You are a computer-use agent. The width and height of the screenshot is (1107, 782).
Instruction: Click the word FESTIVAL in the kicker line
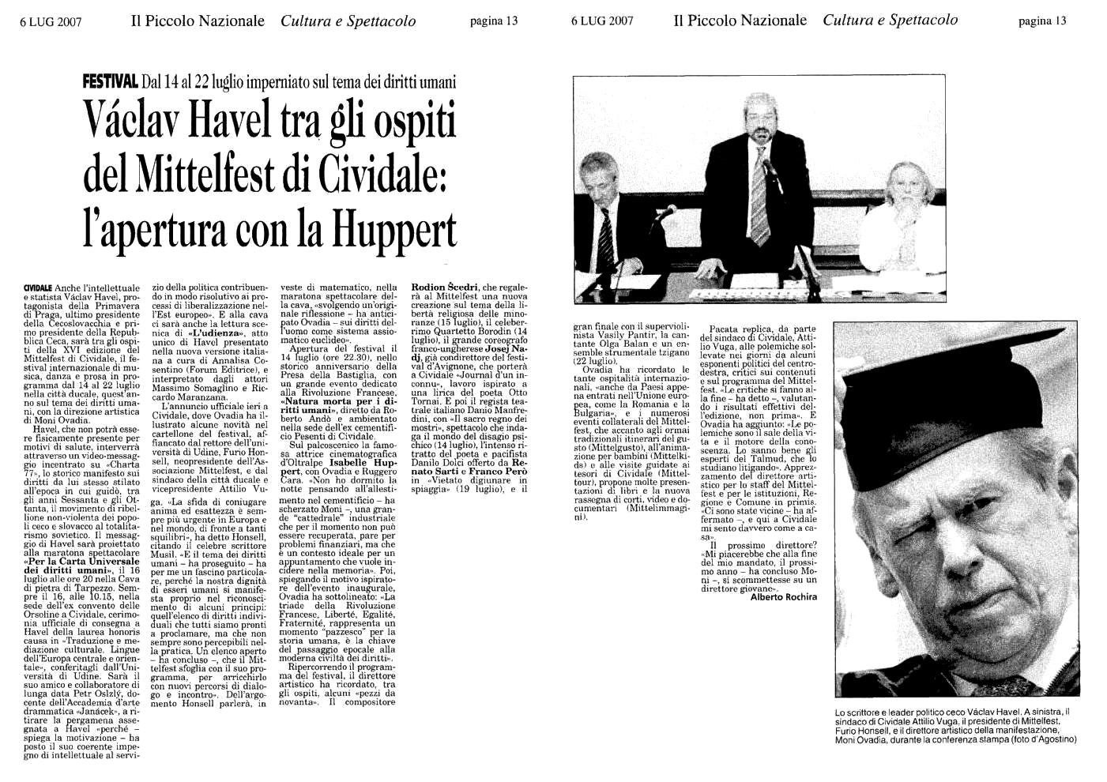(111, 81)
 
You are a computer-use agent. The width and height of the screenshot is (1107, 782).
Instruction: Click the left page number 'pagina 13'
(493, 21)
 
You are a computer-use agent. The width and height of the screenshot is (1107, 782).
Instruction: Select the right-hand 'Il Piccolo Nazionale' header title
(740, 21)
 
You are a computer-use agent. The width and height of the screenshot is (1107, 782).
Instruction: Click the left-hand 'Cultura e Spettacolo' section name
(348, 21)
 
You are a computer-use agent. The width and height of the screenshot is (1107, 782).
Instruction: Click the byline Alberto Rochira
(782, 596)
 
